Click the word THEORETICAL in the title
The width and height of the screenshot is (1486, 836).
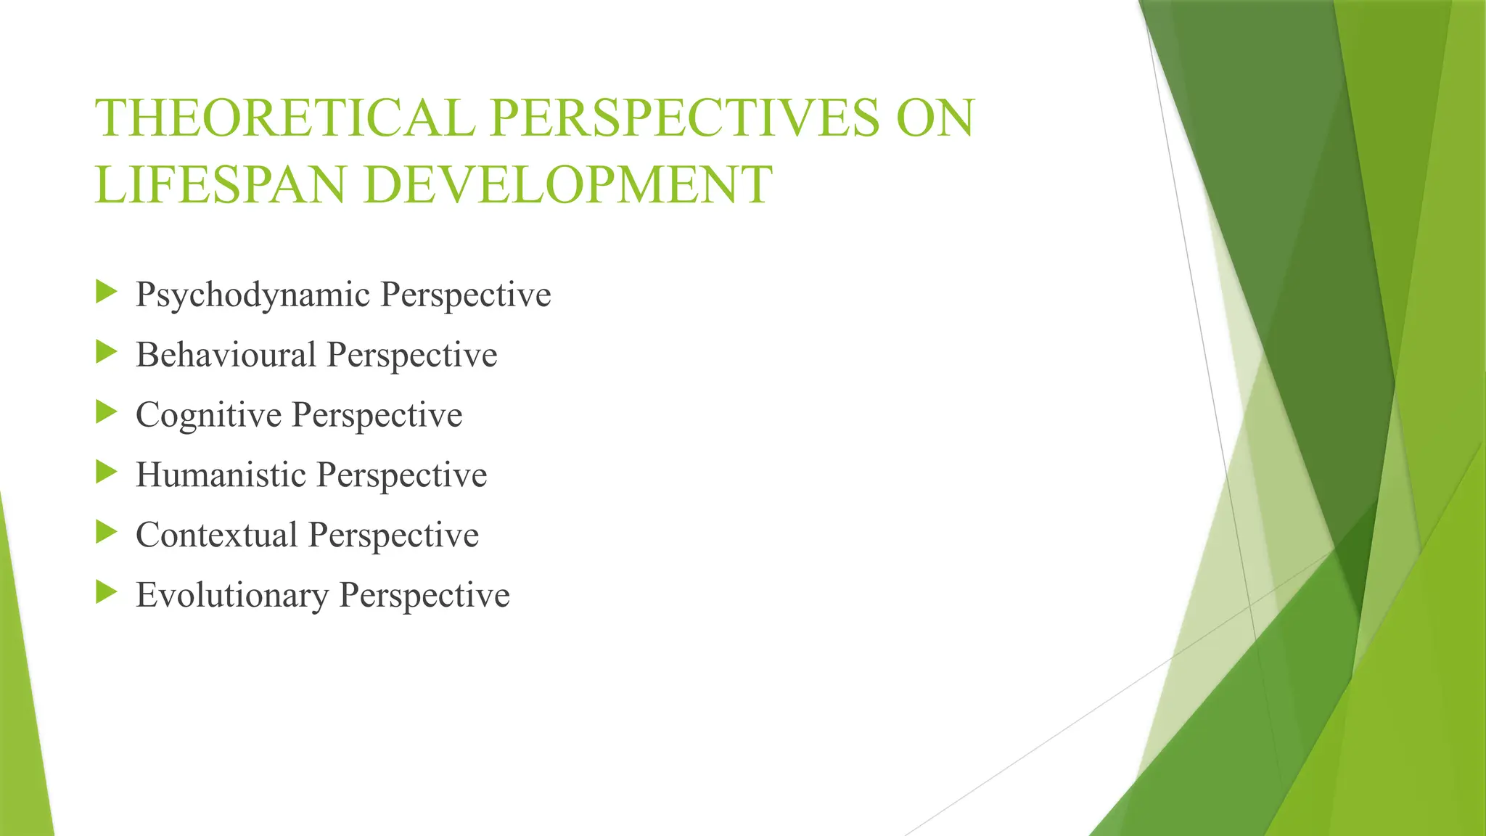coord(284,118)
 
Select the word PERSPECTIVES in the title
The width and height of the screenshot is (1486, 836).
coord(685,118)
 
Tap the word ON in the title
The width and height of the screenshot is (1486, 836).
coord(935,118)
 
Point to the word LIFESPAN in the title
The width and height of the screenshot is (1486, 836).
coord(220,184)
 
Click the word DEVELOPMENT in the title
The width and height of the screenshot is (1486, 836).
coord(567,184)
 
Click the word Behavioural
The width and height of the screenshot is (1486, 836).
coord(226,355)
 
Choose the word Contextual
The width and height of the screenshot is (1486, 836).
coord(216,535)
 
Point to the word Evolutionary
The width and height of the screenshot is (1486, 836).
coord(232,595)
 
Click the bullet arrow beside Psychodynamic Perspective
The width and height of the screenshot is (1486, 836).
coord(106,292)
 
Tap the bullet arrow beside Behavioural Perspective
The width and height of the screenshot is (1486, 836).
coord(106,353)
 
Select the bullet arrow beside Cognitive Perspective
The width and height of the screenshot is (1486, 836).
coord(106,413)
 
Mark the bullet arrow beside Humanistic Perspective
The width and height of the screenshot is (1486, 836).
coord(106,472)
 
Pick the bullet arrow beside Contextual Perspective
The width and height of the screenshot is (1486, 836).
coord(106,533)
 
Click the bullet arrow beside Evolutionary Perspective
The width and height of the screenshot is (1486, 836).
coord(106,593)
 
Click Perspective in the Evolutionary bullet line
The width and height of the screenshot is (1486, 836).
coord(424,595)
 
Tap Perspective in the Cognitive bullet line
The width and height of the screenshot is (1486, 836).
coord(377,415)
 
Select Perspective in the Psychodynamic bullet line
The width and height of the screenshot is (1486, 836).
coord(466,295)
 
